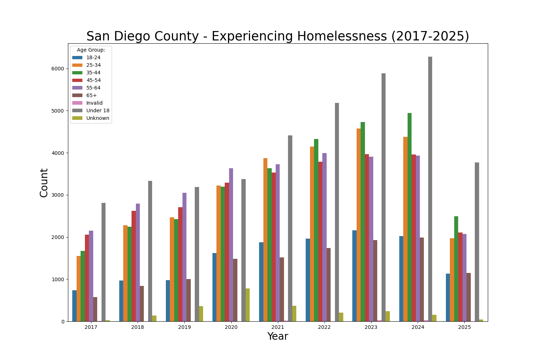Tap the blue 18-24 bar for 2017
[74, 306]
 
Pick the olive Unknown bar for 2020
[248, 305]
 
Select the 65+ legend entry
[91, 95]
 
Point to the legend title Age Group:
[91, 50]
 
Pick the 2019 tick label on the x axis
[184, 327]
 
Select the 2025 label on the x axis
[464, 327]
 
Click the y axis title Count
[44, 183]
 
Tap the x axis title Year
[278, 336]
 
